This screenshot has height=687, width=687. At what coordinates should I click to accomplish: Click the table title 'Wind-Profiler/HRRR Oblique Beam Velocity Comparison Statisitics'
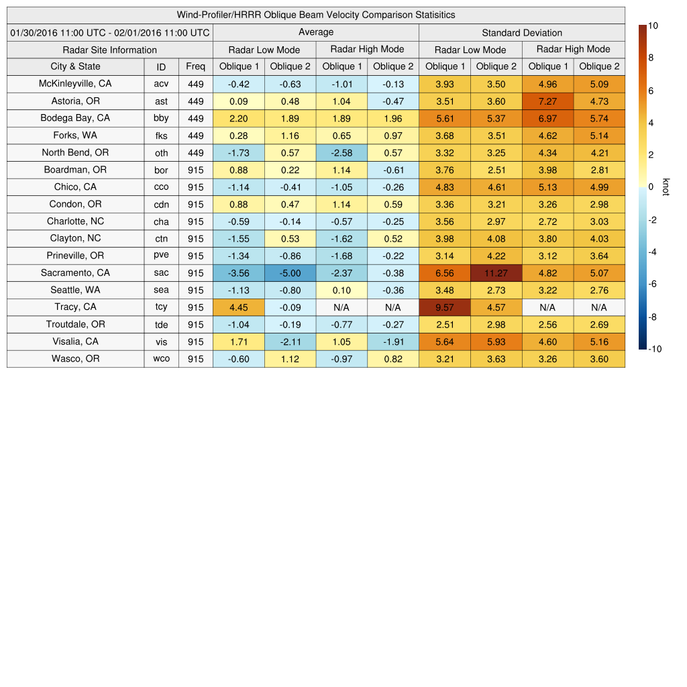click(316, 15)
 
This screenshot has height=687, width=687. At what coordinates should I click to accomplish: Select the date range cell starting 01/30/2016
click(110, 32)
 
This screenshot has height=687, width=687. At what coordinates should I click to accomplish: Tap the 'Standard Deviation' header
click(522, 32)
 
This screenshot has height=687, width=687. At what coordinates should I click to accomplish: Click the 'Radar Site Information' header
click(110, 50)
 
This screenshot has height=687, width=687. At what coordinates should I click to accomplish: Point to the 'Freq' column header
click(196, 66)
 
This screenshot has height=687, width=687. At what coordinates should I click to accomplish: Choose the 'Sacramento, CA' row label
click(75, 273)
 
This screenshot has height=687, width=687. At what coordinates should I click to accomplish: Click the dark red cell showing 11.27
click(496, 273)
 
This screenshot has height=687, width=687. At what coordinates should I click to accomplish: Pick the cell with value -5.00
click(290, 273)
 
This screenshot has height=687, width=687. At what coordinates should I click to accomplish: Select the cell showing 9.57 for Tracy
click(445, 307)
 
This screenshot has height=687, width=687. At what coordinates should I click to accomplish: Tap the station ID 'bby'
click(161, 118)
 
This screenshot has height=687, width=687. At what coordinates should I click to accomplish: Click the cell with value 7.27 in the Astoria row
click(547, 101)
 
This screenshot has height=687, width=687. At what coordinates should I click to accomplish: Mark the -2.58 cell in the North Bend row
click(341, 153)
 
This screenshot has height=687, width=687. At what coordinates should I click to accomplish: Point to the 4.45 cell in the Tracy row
click(239, 307)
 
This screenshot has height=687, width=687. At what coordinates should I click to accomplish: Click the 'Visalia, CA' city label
click(75, 341)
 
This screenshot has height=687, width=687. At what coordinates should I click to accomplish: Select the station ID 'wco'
click(161, 359)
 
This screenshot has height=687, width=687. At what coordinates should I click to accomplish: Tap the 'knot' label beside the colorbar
click(666, 187)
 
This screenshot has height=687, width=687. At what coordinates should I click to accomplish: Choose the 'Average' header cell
click(316, 32)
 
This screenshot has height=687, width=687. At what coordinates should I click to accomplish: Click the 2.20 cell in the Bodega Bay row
click(239, 118)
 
